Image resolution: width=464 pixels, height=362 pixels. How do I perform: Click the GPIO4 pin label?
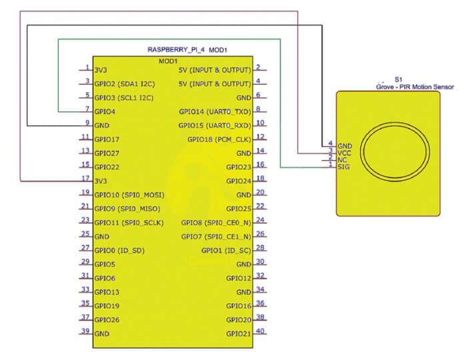(105, 112)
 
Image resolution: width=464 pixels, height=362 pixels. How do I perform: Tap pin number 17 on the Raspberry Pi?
(85, 178)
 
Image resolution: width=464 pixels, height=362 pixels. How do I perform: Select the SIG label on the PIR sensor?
(343, 167)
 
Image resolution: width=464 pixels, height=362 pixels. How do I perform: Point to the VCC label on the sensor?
(344, 153)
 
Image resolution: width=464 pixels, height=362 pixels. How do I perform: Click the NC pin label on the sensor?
(342, 160)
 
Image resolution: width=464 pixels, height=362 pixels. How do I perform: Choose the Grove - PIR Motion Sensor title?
(415, 87)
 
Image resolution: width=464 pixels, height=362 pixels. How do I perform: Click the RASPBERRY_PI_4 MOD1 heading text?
(187, 50)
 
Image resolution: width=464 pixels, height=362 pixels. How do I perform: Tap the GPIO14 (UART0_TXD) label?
(215, 112)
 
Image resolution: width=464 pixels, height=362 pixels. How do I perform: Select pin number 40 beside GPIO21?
(260, 331)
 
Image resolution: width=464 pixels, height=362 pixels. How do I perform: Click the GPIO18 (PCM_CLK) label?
(219, 139)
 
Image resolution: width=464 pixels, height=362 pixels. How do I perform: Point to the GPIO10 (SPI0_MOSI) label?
(129, 195)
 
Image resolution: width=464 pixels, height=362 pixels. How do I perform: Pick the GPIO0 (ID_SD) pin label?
(119, 251)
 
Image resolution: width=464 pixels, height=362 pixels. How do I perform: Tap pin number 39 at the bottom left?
(85, 331)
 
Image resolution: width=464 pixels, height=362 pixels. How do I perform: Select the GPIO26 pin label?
(107, 320)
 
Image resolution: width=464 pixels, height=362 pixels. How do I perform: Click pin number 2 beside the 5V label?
(258, 67)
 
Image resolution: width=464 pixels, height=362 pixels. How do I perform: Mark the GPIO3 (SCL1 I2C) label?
(124, 98)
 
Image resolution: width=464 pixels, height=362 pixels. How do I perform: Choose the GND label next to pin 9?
(102, 125)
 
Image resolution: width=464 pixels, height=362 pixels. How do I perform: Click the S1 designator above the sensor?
(398, 79)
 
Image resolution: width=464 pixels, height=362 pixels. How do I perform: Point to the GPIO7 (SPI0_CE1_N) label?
(216, 237)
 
